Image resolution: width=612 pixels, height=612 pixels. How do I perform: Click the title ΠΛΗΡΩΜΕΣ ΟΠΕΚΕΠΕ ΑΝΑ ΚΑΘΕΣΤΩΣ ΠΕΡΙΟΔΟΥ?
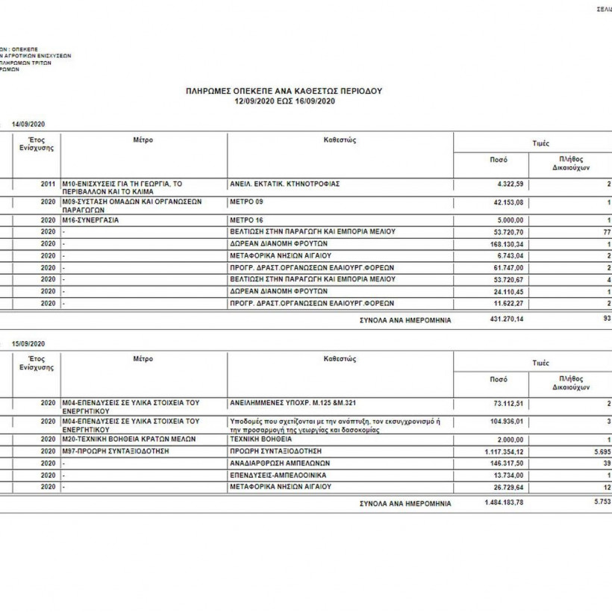pyautogui.click(x=284, y=90)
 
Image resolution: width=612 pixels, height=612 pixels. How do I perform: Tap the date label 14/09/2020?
pyautogui.click(x=29, y=123)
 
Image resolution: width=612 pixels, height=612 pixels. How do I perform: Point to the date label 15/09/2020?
pyautogui.click(x=29, y=343)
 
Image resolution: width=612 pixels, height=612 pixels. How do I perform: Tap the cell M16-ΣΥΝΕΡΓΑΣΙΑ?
pyautogui.click(x=90, y=220)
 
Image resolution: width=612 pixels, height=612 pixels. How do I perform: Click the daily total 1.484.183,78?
pyautogui.click(x=503, y=503)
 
